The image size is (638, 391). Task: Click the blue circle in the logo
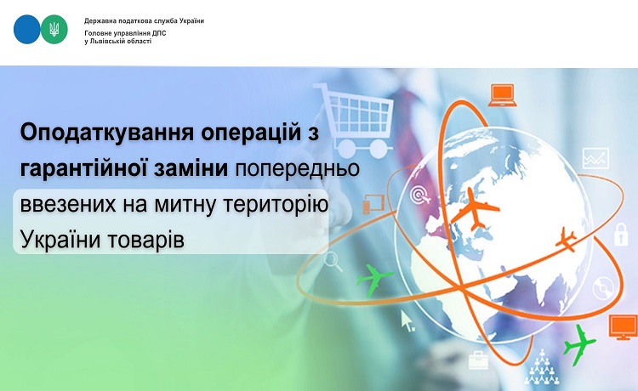27,29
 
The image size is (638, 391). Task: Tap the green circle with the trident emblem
54,29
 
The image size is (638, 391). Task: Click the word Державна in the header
97,20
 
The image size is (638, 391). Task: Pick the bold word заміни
191,168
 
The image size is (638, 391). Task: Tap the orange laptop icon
503,95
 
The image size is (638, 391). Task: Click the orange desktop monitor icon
623,327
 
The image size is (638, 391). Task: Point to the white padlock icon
621,234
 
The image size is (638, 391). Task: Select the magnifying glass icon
333,261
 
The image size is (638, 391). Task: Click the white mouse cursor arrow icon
407,320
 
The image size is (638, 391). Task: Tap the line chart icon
595,158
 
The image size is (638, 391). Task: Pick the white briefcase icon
478,360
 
